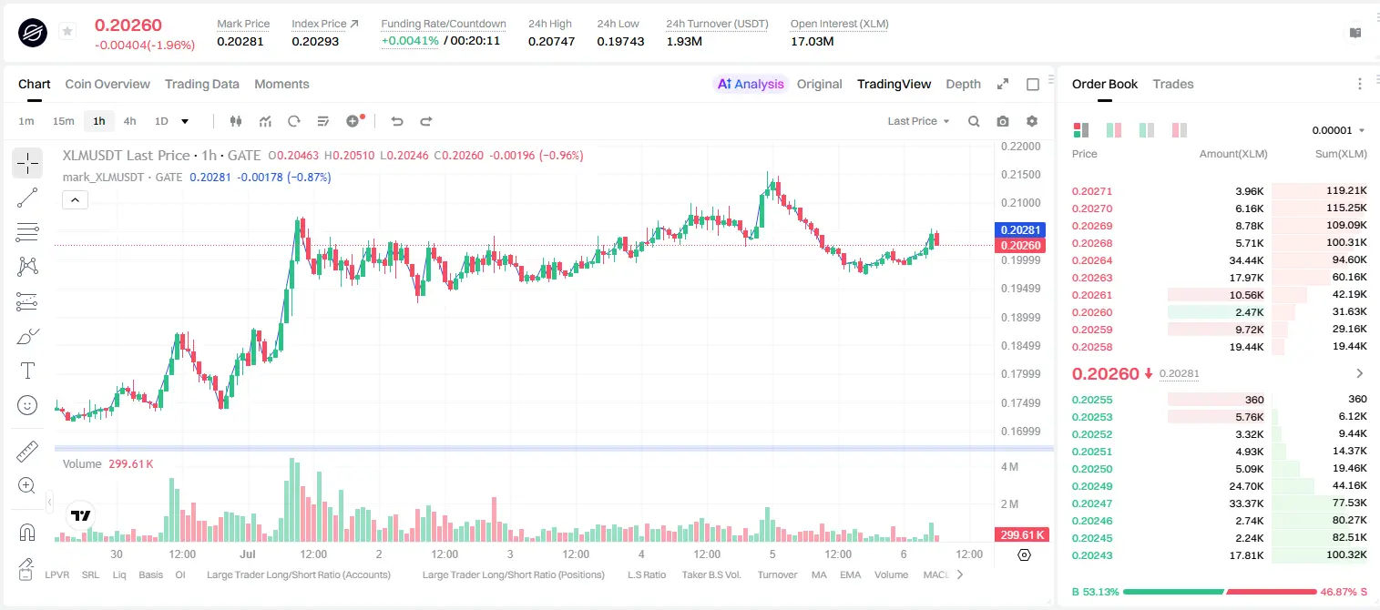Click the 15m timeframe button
click(x=64, y=121)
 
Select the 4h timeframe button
click(x=129, y=121)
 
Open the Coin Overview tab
click(x=107, y=84)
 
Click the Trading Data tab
click(x=201, y=84)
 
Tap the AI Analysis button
click(x=751, y=84)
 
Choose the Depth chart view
click(x=963, y=84)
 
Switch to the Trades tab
click(x=1173, y=84)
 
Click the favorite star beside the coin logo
click(x=67, y=31)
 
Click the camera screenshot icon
click(x=1003, y=121)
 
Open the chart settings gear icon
click(x=1032, y=121)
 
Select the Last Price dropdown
click(x=918, y=121)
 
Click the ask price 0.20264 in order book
click(x=1091, y=260)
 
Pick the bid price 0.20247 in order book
click(x=1091, y=503)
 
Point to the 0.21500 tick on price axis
click(x=1021, y=174)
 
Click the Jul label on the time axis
click(x=248, y=554)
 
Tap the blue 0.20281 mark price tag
click(x=1020, y=229)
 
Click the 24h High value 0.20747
click(x=551, y=41)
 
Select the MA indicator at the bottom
click(x=819, y=574)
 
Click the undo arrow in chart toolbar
click(x=397, y=121)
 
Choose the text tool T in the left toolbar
click(x=27, y=371)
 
